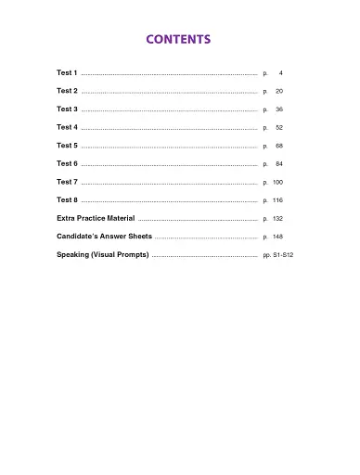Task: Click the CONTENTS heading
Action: [180, 40]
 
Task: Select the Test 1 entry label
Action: [67, 72]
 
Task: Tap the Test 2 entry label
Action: [67, 91]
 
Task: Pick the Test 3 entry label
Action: [67, 109]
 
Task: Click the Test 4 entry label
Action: [67, 127]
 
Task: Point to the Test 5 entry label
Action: [67, 146]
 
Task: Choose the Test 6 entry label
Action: [67, 163]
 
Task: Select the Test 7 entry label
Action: [67, 182]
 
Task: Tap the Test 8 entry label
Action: [67, 199]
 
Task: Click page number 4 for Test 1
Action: [280, 72]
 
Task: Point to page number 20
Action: [278, 91]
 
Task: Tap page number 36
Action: [278, 109]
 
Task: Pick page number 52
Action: [278, 127]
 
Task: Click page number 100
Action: [277, 182]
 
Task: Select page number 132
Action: [277, 218]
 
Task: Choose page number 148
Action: [277, 237]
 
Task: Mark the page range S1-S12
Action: [283, 254]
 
